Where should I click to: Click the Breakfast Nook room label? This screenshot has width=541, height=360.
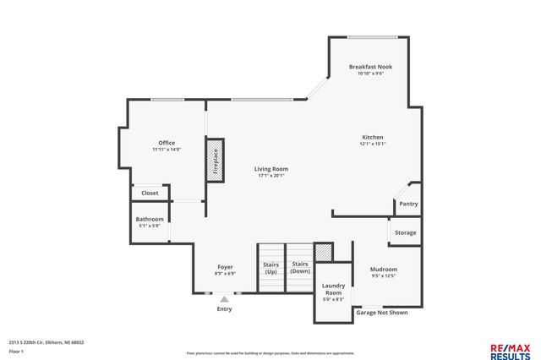pyautogui.click(x=370, y=67)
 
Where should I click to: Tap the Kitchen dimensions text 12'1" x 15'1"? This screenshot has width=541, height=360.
pyautogui.click(x=373, y=144)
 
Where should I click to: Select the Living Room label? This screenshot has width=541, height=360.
pyautogui.click(x=271, y=169)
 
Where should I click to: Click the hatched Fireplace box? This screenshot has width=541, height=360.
pyautogui.click(x=215, y=159)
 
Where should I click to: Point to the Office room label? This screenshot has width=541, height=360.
pyautogui.click(x=167, y=143)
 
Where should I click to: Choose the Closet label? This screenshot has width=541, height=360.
pyautogui.click(x=150, y=193)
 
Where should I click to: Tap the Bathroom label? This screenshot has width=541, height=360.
pyautogui.click(x=150, y=220)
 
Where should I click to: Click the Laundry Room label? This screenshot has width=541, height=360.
pyautogui.click(x=333, y=289)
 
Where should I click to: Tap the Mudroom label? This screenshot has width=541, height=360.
pyautogui.click(x=383, y=270)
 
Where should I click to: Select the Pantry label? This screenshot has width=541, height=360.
pyautogui.click(x=408, y=204)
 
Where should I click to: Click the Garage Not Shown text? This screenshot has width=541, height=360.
pyautogui.click(x=381, y=312)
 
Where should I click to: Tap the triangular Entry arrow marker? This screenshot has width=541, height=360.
pyautogui.click(x=224, y=297)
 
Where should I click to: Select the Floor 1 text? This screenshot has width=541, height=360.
pyautogui.click(x=16, y=350)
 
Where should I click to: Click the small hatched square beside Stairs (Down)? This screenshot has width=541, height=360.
pyautogui.click(x=322, y=253)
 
